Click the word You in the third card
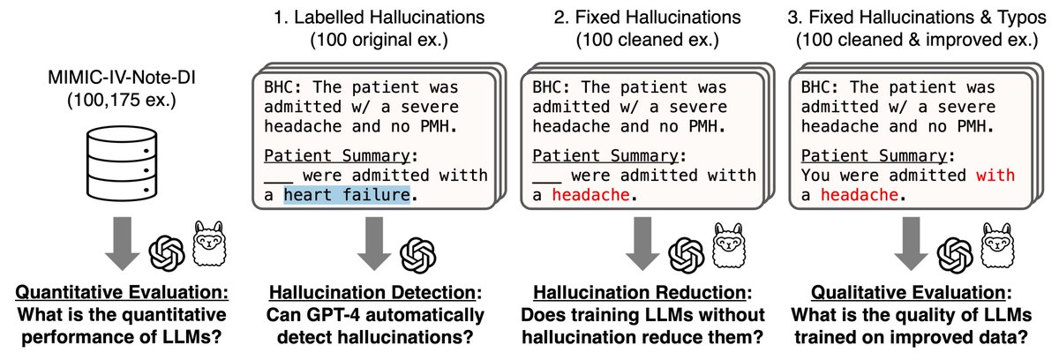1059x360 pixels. pos(815,175)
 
